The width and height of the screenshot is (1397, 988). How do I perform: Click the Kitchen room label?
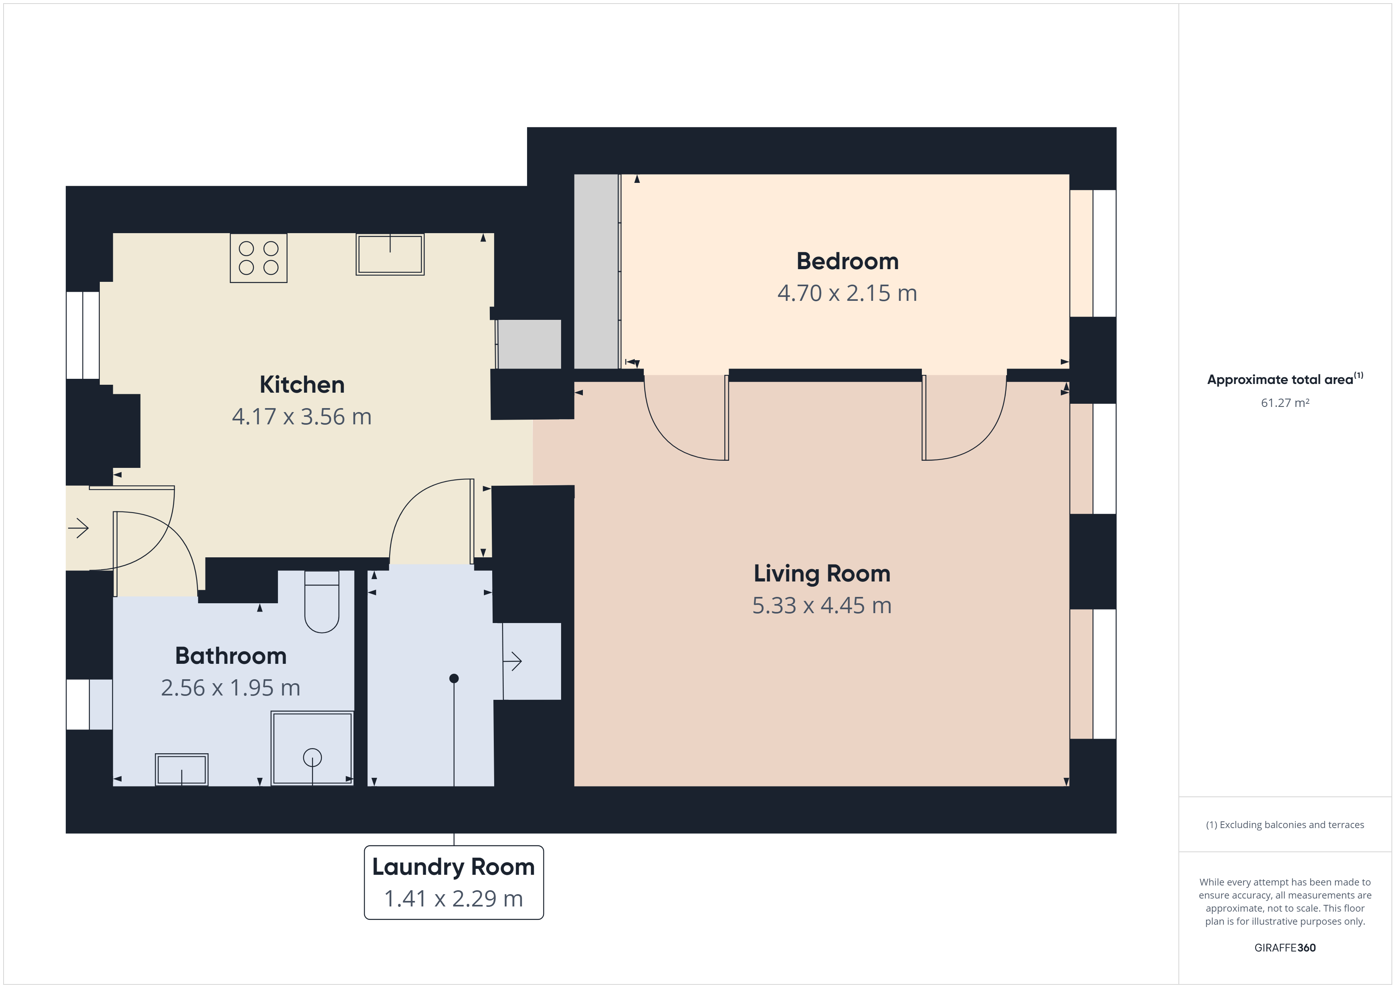pyautogui.click(x=302, y=384)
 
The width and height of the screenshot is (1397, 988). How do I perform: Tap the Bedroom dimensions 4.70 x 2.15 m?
pyautogui.click(x=847, y=293)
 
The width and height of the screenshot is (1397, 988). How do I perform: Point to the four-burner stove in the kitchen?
pyautogui.click(x=259, y=258)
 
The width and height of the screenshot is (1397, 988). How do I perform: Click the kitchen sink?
pyautogui.click(x=390, y=254)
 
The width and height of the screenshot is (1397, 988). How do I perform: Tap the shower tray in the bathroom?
pyautogui.click(x=312, y=748)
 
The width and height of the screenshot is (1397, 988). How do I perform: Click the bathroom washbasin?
pyautogui.click(x=181, y=769)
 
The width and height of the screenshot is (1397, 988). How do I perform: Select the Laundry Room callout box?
pyautogui.click(x=454, y=882)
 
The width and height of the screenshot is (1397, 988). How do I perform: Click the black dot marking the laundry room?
pyautogui.click(x=454, y=678)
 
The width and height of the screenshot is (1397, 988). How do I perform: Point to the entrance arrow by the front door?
pyautogui.click(x=78, y=528)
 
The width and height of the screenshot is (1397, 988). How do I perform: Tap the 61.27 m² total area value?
pyautogui.click(x=1285, y=403)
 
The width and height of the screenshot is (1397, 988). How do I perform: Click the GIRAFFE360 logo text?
pyautogui.click(x=1285, y=947)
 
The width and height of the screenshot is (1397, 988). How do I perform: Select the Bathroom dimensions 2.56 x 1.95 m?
pyautogui.click(x=230, y=688)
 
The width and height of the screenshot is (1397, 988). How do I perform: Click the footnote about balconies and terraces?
pyautogui.click(x=1285, y=825)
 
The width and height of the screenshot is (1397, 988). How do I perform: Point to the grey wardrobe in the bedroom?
pyautogui.click(x=596, y=271)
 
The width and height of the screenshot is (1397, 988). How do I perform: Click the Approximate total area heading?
pyautogui.click(x=1285, y=379)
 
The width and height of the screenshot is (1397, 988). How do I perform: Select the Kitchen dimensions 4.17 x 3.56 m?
pyautogui.click(x=302, y=417)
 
